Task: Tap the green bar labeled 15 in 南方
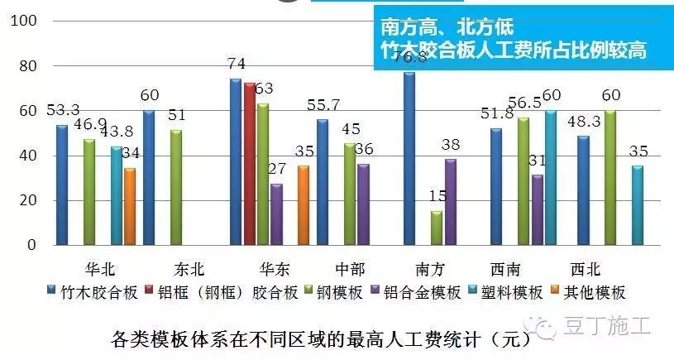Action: click(436, 228)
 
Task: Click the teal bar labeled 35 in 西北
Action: click(637, 205)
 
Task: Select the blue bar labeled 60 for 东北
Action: click(148, 178)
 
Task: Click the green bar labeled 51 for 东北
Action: click(175, 188)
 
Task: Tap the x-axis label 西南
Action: click(507, 269)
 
